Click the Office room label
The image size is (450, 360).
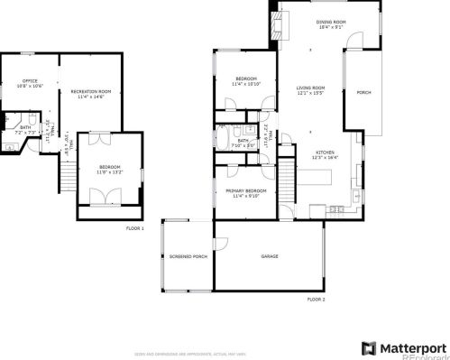click(30, 82)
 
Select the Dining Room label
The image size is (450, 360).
click(331, 22)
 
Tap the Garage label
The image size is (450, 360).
click(269, 257)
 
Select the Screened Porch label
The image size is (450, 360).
click(188, 257)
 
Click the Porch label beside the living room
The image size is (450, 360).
click(363, 93)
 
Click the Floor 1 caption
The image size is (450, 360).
click(135, 228)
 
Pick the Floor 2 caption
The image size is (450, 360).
click(316, 299)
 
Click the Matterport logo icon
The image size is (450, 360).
click(367, 348)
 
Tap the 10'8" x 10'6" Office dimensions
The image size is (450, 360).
click(30, 88)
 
